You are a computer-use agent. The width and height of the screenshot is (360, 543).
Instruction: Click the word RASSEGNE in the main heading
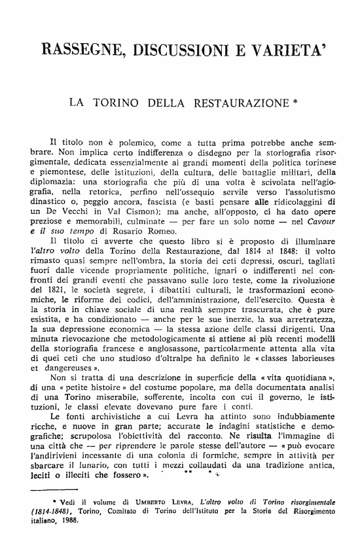tap(78, 49)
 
